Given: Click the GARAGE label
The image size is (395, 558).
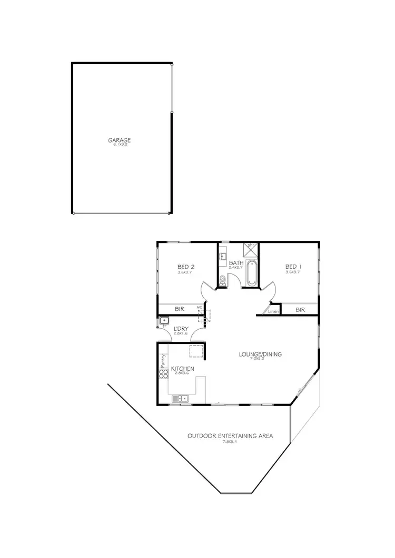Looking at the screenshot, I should tap(119, 140).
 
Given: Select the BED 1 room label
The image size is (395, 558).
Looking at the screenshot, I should tap(292, 266).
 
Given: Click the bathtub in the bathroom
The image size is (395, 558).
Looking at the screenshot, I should tap(251, 273).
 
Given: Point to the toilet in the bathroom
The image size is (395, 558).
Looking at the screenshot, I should tap(222, 280).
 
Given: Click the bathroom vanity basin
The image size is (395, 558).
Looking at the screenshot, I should tap(223, 257).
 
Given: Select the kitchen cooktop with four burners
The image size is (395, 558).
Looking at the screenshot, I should tap(163, 374).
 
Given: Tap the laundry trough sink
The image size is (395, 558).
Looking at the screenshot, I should tap(164, 320).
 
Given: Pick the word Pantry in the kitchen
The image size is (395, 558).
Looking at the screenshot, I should tap(163, 361).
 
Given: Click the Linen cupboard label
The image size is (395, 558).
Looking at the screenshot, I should tap(273, 311).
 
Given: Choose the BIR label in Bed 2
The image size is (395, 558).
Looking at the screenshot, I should tap(179, 309).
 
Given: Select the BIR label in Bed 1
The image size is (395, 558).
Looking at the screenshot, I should tap(300, 310).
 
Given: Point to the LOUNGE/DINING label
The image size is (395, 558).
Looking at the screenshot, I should tap(260, 354).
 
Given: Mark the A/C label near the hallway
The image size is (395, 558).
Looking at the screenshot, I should tap(200, 308).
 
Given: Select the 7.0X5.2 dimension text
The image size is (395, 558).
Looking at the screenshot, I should tap(260, 360).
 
